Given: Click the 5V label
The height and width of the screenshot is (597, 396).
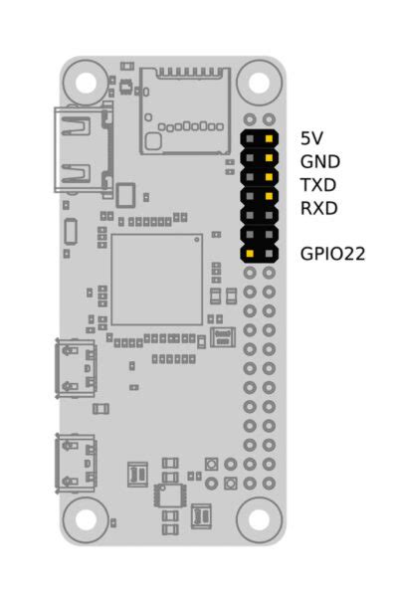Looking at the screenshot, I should pyautogui.click(x=311, y=137).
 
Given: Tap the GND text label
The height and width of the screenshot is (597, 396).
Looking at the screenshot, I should pyautogui.click(x=318, y=161).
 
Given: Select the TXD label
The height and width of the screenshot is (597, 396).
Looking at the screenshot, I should pyautogui.click(x=318, y=185).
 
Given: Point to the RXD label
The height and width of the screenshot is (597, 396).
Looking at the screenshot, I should pyautogui.click(x=318, y=208).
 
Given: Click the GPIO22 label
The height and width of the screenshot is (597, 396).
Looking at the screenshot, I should pyautogui.click(x=332, y=254).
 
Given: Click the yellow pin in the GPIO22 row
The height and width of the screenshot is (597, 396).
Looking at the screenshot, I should pyautogui.click(x=250, y=254).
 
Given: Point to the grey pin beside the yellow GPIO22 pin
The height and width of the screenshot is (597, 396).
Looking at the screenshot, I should pyautogui.click(x=269, y=254).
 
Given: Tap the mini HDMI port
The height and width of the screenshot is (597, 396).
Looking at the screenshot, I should pyautogui.click(x=77, y=149).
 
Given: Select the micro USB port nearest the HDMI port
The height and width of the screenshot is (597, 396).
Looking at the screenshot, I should pyautogui.click(x=76, y=368).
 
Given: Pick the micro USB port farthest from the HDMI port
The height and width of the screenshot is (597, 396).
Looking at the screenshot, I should pyautogui.click(x=76, y=463).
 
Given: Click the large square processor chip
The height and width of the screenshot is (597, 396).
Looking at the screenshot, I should pyautogui.click(x=156, y=280).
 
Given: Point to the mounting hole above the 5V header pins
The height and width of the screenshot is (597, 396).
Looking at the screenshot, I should pyautogui.click(x=260, y=82).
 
